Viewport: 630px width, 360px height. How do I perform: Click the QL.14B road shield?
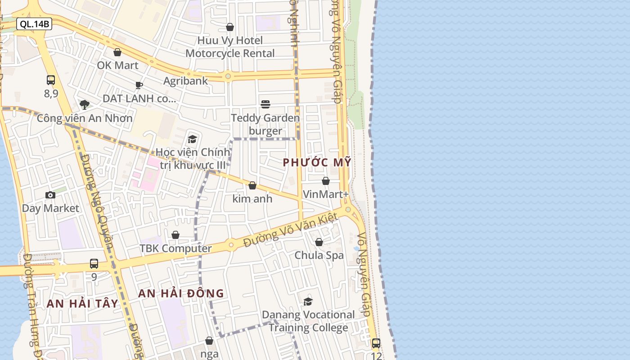tap(34, 24)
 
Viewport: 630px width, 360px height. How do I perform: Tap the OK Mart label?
tap(117, 65)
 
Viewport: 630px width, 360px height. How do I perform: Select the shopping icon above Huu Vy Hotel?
tap(230, 27)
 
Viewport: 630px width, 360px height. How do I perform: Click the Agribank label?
tap(185, 81)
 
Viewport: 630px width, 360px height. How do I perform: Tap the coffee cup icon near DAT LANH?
tap(139, 85)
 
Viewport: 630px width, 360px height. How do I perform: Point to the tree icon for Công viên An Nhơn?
tap(84, 105)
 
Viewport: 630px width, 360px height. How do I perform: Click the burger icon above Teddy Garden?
tap(265, 104)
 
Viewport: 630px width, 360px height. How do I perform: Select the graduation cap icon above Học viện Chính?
tap(193, 139)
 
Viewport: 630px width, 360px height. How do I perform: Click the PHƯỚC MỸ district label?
tap(317, 162)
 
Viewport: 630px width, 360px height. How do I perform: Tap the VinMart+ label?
tap(326, 194)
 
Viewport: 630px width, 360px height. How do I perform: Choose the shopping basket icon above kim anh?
tap(252, 185)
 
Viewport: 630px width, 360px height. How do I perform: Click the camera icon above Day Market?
tap(50, 195)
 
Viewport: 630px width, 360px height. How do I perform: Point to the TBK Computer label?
tap(175, 248)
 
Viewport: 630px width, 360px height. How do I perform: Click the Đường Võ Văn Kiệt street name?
tap(290, 230)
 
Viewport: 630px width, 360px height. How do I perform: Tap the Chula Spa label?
tap(319, 255)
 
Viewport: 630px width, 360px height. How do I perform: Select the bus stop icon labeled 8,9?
tap(51, 80)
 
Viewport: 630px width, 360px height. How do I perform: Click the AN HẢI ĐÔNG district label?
tap(181, 293)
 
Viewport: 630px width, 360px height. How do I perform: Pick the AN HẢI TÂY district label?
tap(82, 304)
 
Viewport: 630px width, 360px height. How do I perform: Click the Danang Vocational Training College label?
tap(308, 321)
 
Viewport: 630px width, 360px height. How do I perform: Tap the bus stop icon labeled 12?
tap(376, 343)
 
